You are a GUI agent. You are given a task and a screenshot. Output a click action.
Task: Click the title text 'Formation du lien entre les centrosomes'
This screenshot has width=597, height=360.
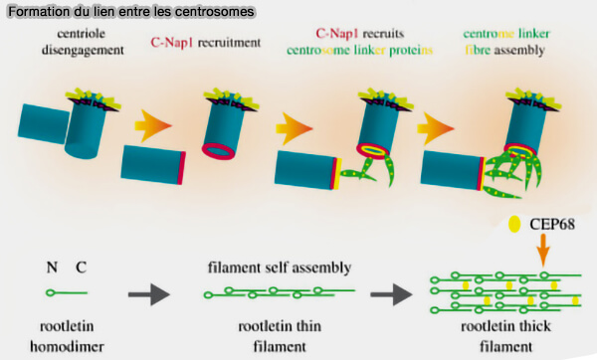click(x=128, y=11)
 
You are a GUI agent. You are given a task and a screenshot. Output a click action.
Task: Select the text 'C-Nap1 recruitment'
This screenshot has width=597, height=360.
click(x=206, y=43)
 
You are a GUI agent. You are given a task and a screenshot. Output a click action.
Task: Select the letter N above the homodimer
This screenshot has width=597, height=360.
click(x=52, y=269)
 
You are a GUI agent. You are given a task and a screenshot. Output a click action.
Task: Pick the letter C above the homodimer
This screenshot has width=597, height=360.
click(x=81, y=269)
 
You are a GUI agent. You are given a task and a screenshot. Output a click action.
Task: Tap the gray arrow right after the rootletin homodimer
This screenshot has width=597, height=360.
click(x=143, y=293)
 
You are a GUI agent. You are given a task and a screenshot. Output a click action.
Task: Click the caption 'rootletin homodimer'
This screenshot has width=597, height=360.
click(x=67, y=337)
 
